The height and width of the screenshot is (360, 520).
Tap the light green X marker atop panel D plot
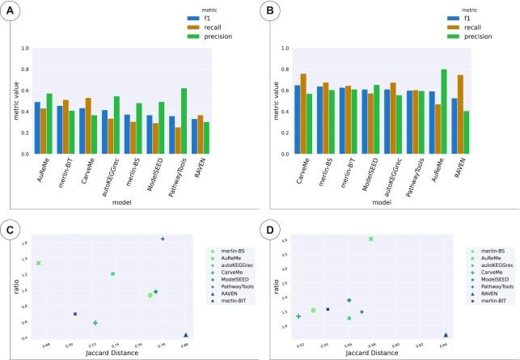[x=370, y=239]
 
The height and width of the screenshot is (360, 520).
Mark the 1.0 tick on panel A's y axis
[x=25, y=49]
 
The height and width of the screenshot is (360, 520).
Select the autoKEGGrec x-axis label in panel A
[x=99, y=173]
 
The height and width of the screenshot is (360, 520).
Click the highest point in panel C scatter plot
[x=163, y=239]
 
